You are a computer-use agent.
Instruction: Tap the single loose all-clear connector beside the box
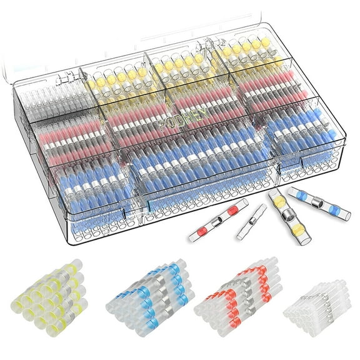coord(252,221)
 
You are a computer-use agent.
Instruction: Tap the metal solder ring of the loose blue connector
coord(318,204)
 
